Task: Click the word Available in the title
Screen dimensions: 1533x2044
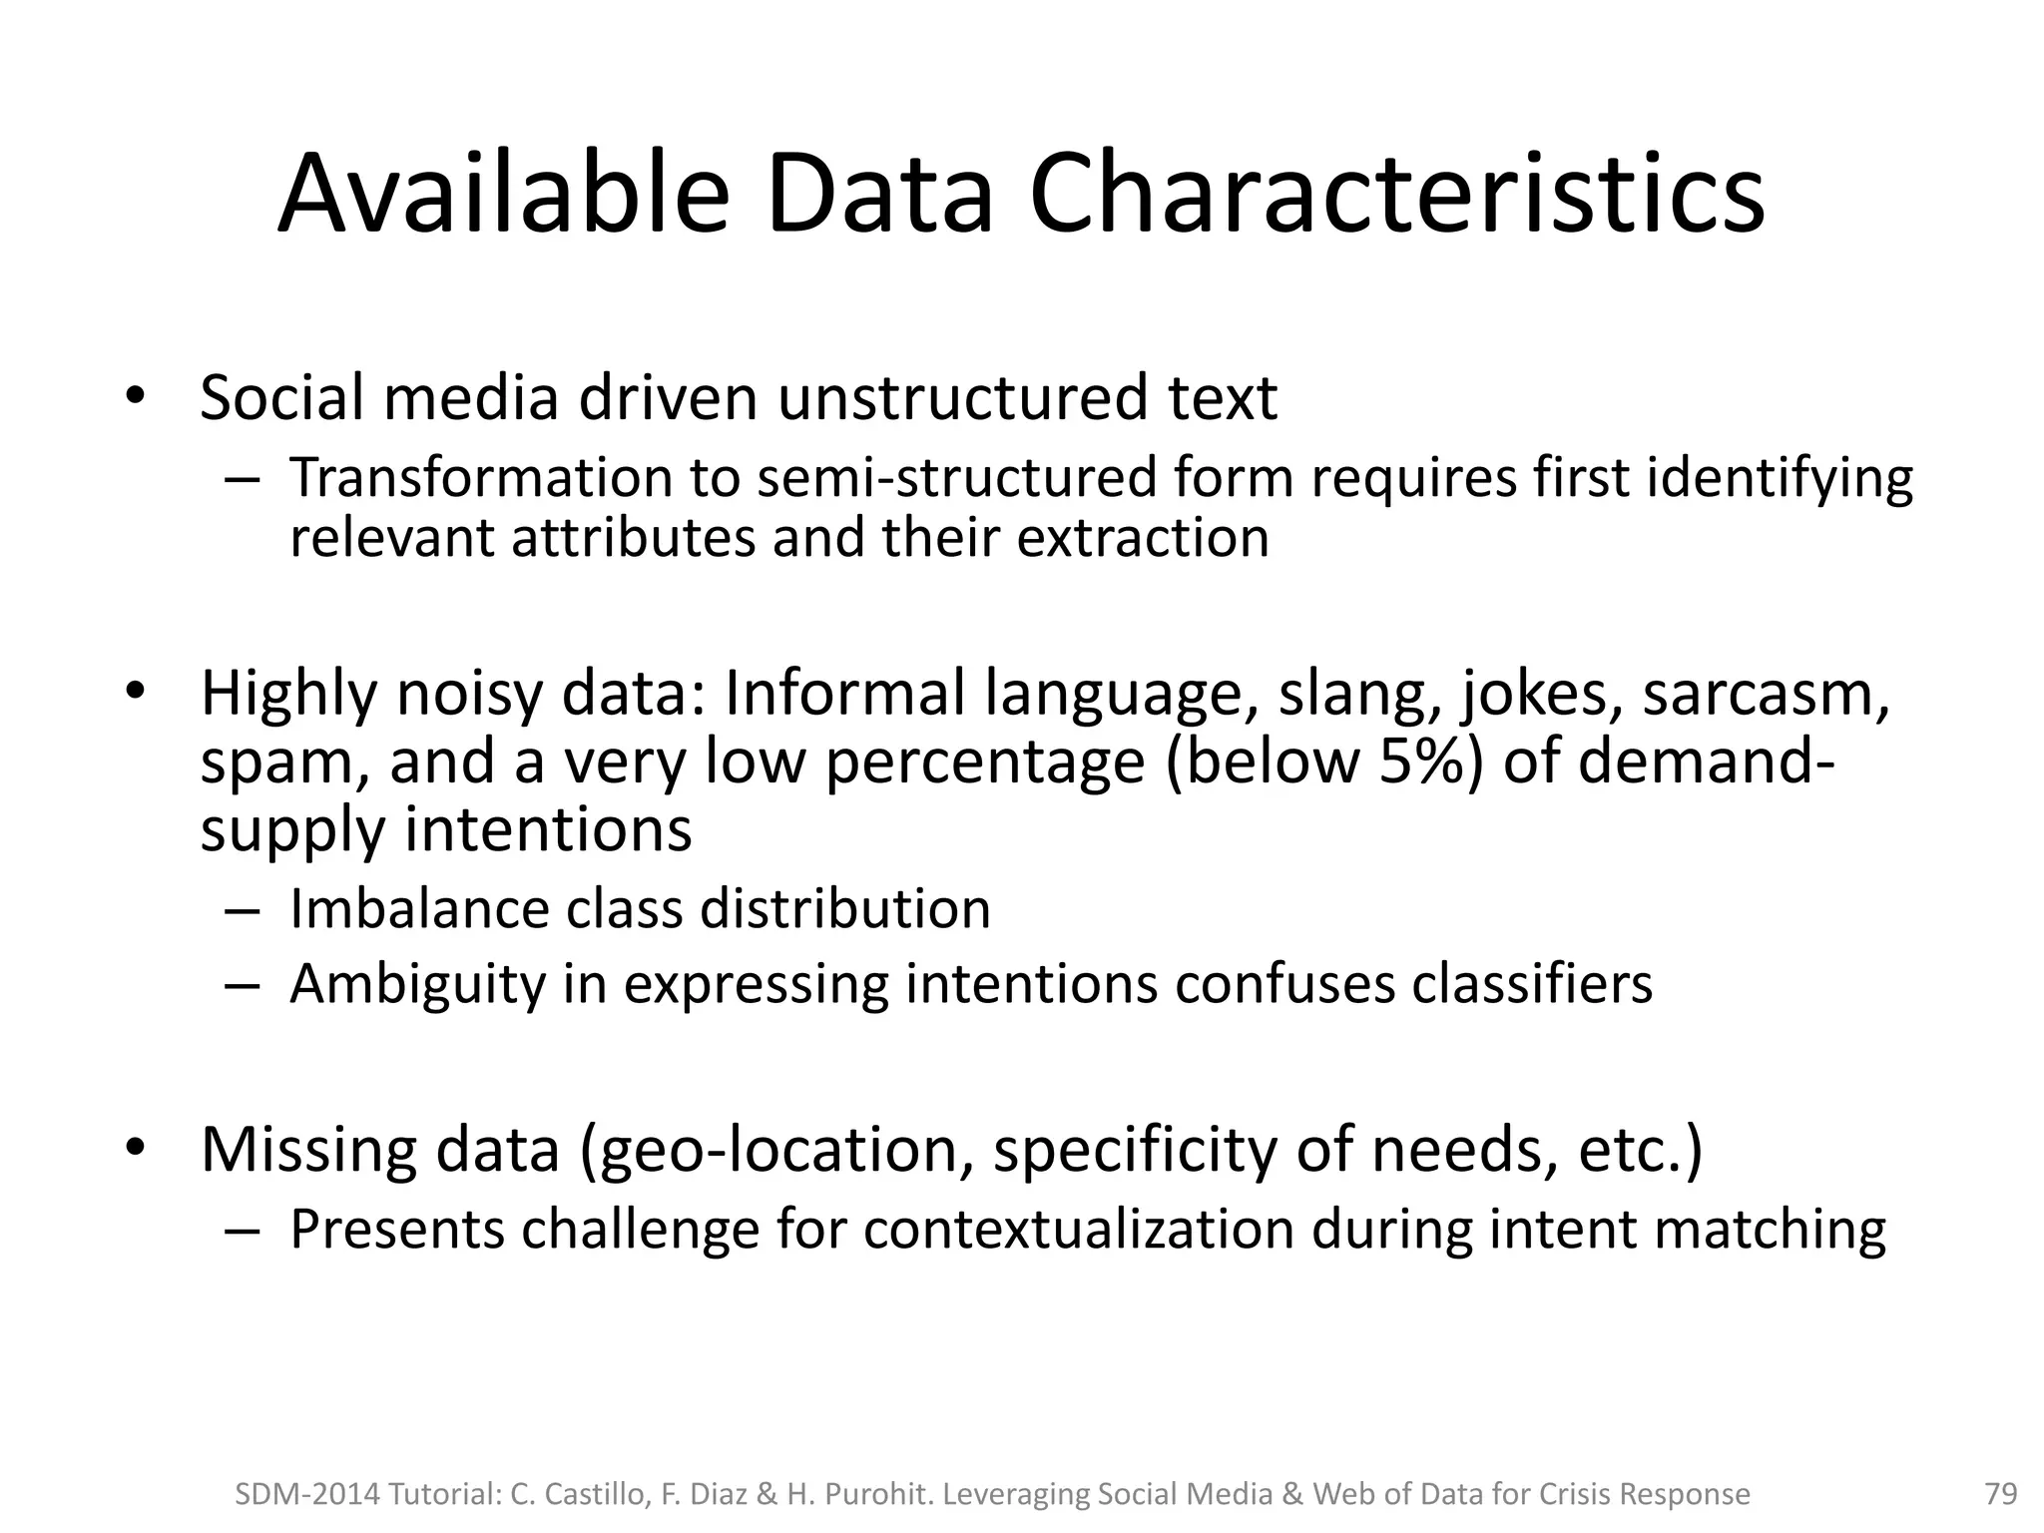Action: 504,195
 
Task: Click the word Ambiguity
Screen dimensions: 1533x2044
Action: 417,985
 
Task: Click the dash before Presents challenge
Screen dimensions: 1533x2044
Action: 243,1231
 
